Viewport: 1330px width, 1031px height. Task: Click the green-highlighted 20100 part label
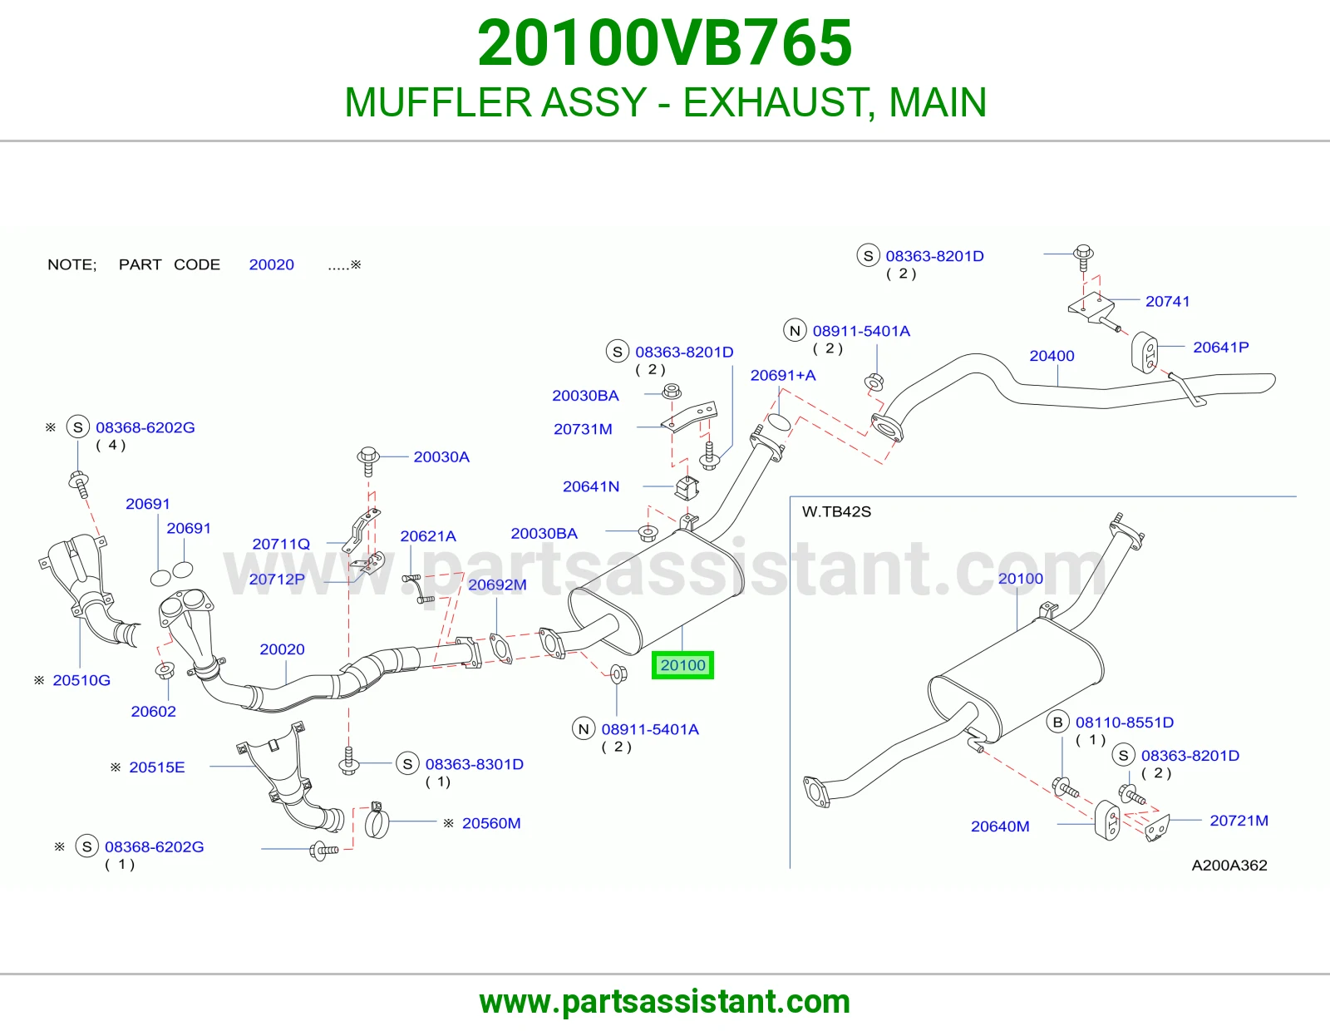(x=682, y=665)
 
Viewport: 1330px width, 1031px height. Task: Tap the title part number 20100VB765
(x=665, y=42)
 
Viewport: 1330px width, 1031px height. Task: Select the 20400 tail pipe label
(x=1052, y=356)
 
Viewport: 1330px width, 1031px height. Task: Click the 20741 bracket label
(x=1167, y=301)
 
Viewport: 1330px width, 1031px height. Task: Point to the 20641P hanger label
(x=1220, y=348)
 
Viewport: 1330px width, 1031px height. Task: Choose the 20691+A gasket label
(x=783, y=375)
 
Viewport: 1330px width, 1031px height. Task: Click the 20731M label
(x=583, y=429)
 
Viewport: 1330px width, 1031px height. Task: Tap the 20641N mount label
(x=591, y=486)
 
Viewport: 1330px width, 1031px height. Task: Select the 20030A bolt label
(x=441, y=456)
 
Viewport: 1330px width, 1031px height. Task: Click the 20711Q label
(x=281, y=544)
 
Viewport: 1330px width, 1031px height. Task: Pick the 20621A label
(x=428, y=536)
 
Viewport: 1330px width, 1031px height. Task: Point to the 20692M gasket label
(x=497, y=585)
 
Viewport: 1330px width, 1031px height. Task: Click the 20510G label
(x=81, y=680)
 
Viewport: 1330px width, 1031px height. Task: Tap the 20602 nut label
(x=153, y=712)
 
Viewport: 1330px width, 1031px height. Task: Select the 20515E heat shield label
(x=156, y=767)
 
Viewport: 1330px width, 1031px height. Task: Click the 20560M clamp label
(x=491, y=823)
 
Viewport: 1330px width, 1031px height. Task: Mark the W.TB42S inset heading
(x=836, y=512)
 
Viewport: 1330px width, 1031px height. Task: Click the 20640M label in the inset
(x=1000, y=826)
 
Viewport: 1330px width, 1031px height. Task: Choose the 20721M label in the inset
(x=1239, y=821)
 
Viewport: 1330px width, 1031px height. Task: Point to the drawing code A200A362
(x=1229, y=865)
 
